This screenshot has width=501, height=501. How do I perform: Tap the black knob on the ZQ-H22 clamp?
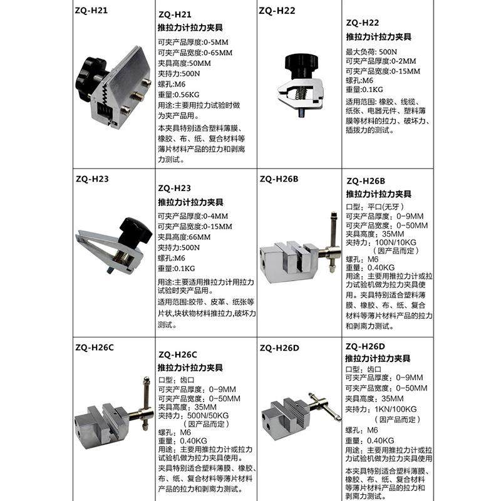point(299,63)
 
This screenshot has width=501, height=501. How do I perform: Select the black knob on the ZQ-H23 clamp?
point(137,230)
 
